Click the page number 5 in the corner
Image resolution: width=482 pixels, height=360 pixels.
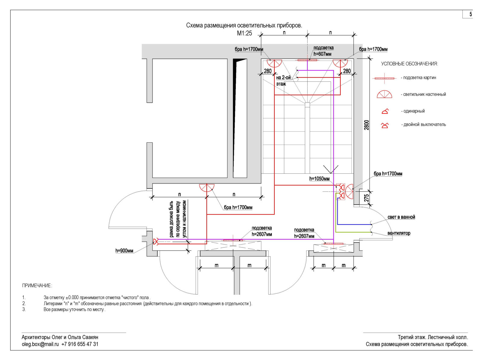(x=471, y=14)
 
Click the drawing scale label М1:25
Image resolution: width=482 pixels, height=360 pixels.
(x=244, y=33)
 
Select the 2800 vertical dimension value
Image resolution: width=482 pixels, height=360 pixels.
(x=366, y=125)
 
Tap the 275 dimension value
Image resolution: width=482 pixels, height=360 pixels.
(x=366, y=198)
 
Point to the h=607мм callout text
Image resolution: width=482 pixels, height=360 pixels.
(x=322, y=54)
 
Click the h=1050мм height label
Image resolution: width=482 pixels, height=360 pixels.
(x=319, y=179)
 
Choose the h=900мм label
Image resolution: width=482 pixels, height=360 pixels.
(x=124, y=251)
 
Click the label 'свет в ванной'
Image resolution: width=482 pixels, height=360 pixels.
(x=401, y=217)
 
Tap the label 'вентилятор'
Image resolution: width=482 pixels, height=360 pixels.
(x=399, y=233)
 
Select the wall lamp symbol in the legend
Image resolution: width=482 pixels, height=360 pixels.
(x=384, y=95)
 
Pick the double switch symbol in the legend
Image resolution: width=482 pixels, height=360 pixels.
(x=385, y=125)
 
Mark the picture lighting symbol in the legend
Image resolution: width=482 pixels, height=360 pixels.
(x=384, y=78)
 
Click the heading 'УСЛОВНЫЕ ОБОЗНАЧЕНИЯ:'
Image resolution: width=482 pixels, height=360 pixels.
(x=409, y=64)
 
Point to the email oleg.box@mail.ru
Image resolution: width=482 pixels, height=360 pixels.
(x=40, y=344)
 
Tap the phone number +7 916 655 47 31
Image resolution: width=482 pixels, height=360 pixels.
(x=80, y=344)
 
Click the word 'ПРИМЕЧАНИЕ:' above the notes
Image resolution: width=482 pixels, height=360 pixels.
(x=37, y=286)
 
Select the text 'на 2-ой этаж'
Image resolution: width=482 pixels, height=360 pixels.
(x=283, y=81)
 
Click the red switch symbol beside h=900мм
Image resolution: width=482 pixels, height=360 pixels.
(x=156, y=242)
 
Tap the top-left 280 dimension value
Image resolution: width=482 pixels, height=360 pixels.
(x=268, y=71)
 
